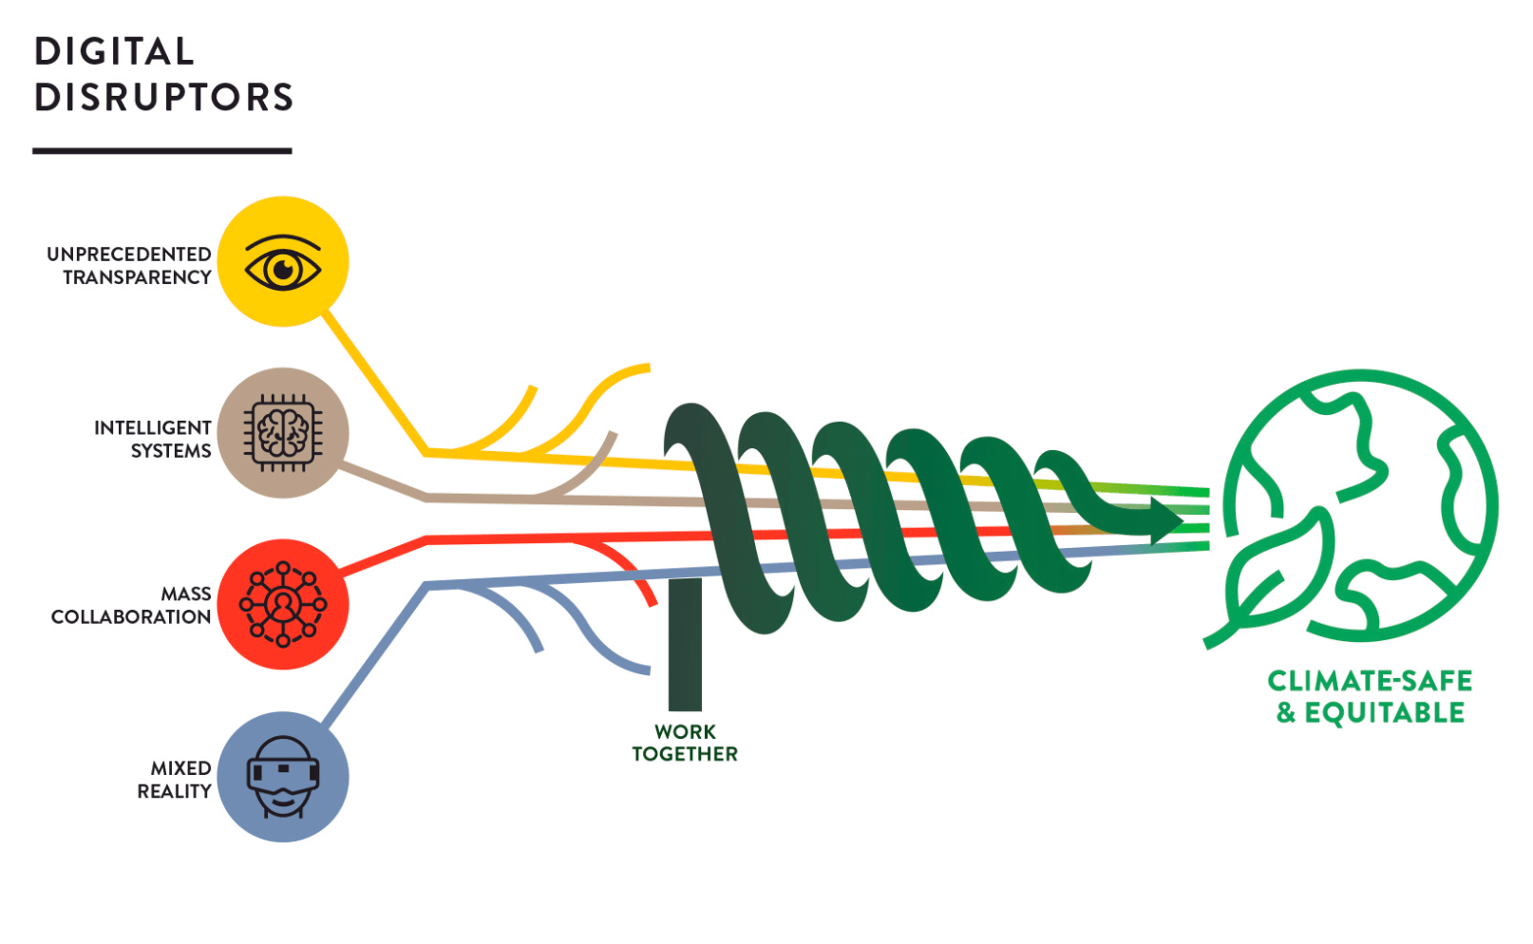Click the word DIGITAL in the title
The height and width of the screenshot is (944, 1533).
pos(114,51)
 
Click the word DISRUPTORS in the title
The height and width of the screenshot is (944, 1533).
pos(163,97)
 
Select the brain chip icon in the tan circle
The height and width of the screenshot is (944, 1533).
pos(283,433)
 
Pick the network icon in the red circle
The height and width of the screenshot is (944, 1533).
pos(283,604)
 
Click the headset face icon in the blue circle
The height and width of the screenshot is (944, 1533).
pos(283,777)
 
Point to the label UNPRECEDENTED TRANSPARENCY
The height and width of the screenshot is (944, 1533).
pos(130,266)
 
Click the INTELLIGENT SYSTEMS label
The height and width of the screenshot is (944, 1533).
pos(153,439)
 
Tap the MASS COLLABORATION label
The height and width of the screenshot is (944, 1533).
pos(132,605)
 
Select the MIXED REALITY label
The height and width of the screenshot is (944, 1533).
pos(175,779)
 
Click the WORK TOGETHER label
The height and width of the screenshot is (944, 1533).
pos(685,743)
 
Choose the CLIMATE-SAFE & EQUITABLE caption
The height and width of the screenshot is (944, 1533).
pos(1370,696)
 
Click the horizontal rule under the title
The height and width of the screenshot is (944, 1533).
pos(162,150)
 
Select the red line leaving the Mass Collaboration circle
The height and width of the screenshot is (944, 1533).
pos(385,557)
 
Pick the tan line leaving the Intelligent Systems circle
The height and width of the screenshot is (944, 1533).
pos(385,481)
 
